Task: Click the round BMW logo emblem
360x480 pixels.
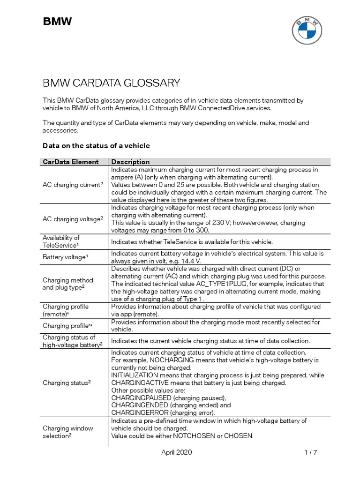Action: tap(307, 30)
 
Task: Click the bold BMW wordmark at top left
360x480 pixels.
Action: tap(58, 21)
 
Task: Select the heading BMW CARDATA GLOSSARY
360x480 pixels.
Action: tap(111, 83)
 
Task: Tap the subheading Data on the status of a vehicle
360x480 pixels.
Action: tap(96, 146)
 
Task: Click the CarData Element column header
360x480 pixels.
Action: tap(71, 162)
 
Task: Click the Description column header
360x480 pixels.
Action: tap(130, 162)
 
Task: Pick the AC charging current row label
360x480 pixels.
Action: tap(73, 185)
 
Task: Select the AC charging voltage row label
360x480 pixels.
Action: tap(73, 218)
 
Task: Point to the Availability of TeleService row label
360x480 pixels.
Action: tap(62, 241)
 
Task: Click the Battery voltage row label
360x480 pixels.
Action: tap(64, 257)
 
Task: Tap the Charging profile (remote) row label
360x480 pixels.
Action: tap(66, 310)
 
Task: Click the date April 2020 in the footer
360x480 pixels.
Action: tap(176, 452)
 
